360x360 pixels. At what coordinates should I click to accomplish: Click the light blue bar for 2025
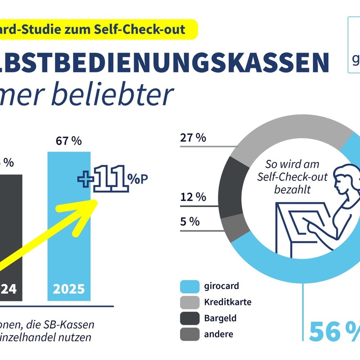pyautogui.click(x=69, y=225)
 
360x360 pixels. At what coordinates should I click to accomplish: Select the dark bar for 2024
pyautogui.click(x=10, y=225)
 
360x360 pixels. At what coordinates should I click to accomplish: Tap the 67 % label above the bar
pyautogui.click(x=69, y=141)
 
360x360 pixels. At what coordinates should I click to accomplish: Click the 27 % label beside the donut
pyautogui.click(x=193, y=138)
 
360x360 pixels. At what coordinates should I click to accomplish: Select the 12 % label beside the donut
pyautogui.click(x=193, y=197)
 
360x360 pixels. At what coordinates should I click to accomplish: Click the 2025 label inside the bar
pyautogui.click(x=69, y=288)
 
